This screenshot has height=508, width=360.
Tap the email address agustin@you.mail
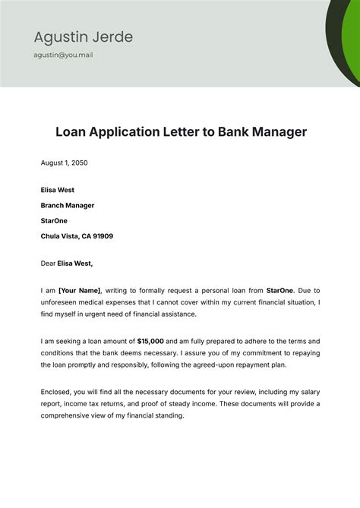(x=63, y=55)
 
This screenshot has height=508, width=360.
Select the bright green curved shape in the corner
(x=352, y=46)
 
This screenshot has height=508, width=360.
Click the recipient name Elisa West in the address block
(x=58, y=190)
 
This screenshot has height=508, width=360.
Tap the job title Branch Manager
(x=68, y=205)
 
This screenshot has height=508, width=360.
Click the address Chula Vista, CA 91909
(x=77, y=236)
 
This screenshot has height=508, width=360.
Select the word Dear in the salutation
(x=49, y=263)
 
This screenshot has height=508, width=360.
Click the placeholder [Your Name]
(x=81, y=290)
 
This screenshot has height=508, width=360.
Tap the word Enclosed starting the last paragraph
(x=56, y=392)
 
